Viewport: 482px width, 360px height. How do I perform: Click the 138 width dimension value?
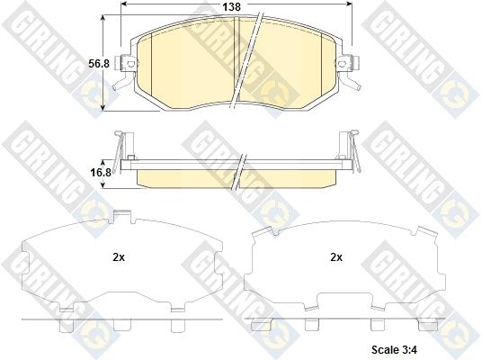[x=231, y=6]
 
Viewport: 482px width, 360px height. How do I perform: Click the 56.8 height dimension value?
[x=99, y=64]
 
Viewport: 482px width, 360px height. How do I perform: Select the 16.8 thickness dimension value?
[x=100, y=173]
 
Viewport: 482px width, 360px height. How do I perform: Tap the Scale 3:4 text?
[x=394, y=349]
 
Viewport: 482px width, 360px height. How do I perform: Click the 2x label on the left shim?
[x=119, y=257]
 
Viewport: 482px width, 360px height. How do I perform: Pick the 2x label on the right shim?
[x=336, y=257]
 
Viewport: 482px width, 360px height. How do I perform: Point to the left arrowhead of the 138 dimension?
[x=124, y=4]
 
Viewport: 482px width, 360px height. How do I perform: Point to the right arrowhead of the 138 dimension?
[x=349, y=4]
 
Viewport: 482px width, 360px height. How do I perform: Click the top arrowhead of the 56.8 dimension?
[x=103, y=18]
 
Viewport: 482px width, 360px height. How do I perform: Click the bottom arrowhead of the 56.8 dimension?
[x=103, y=107]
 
